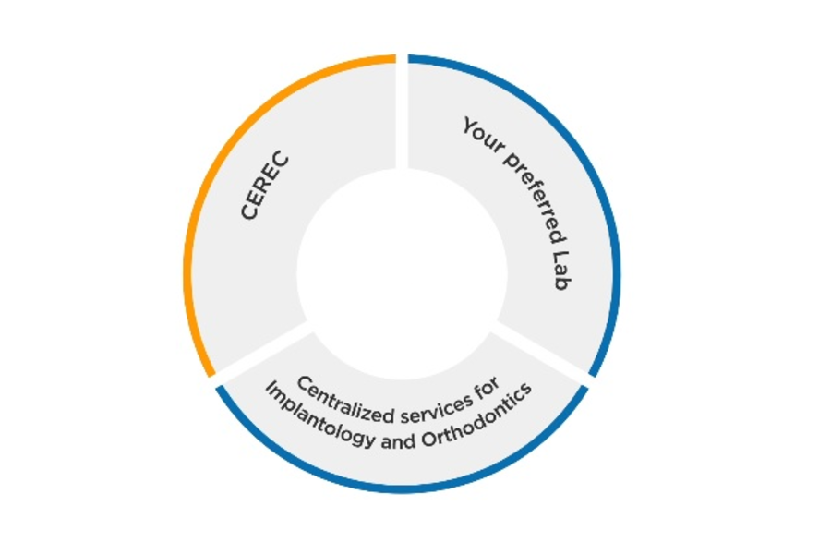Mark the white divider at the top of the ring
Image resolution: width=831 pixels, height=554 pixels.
[x=402, y=111]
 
